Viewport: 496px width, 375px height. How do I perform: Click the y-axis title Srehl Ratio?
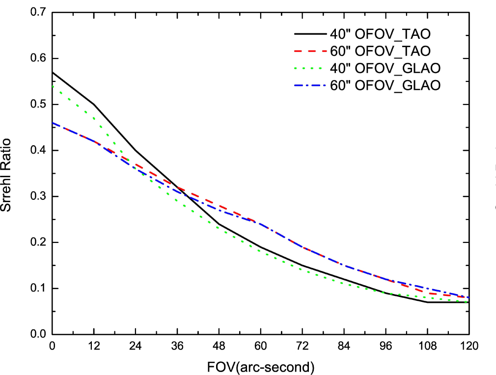7,174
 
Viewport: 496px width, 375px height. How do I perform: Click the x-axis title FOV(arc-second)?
260,366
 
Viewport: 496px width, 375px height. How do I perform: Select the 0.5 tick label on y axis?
37,105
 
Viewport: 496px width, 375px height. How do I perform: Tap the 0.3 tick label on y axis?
37,196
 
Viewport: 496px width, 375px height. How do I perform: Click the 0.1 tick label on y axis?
37,289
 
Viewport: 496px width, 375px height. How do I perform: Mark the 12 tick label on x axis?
93,346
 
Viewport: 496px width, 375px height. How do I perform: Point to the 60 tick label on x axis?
260,346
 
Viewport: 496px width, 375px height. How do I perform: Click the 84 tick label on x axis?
344,346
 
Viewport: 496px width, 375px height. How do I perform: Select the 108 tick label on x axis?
427,346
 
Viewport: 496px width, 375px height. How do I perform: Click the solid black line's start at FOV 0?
52,72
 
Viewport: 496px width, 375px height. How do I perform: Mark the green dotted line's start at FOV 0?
52,86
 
